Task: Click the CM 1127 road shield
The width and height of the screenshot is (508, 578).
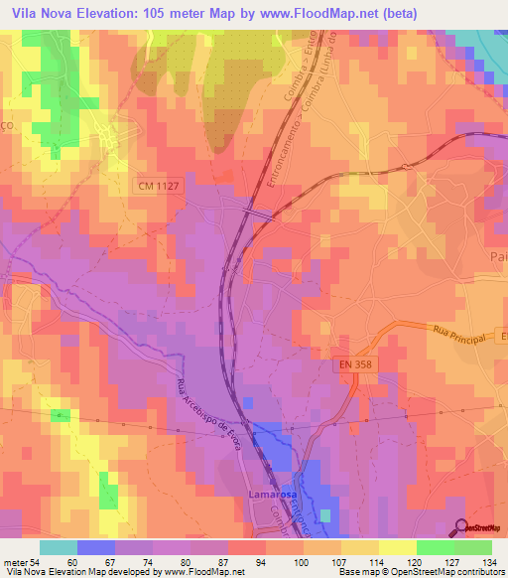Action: click(x=157, y=185)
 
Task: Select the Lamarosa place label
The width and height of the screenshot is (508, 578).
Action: click(x=273, y=495)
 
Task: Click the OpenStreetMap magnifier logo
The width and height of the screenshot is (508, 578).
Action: click(x=459, y=527)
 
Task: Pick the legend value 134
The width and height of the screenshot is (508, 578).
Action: click(x=491, y=562)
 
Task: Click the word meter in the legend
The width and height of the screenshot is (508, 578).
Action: click(x=15, y=562)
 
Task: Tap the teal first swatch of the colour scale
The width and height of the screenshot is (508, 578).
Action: click(x=58, y=547)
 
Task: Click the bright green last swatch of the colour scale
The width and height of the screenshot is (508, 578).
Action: click(x=472, y=547)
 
